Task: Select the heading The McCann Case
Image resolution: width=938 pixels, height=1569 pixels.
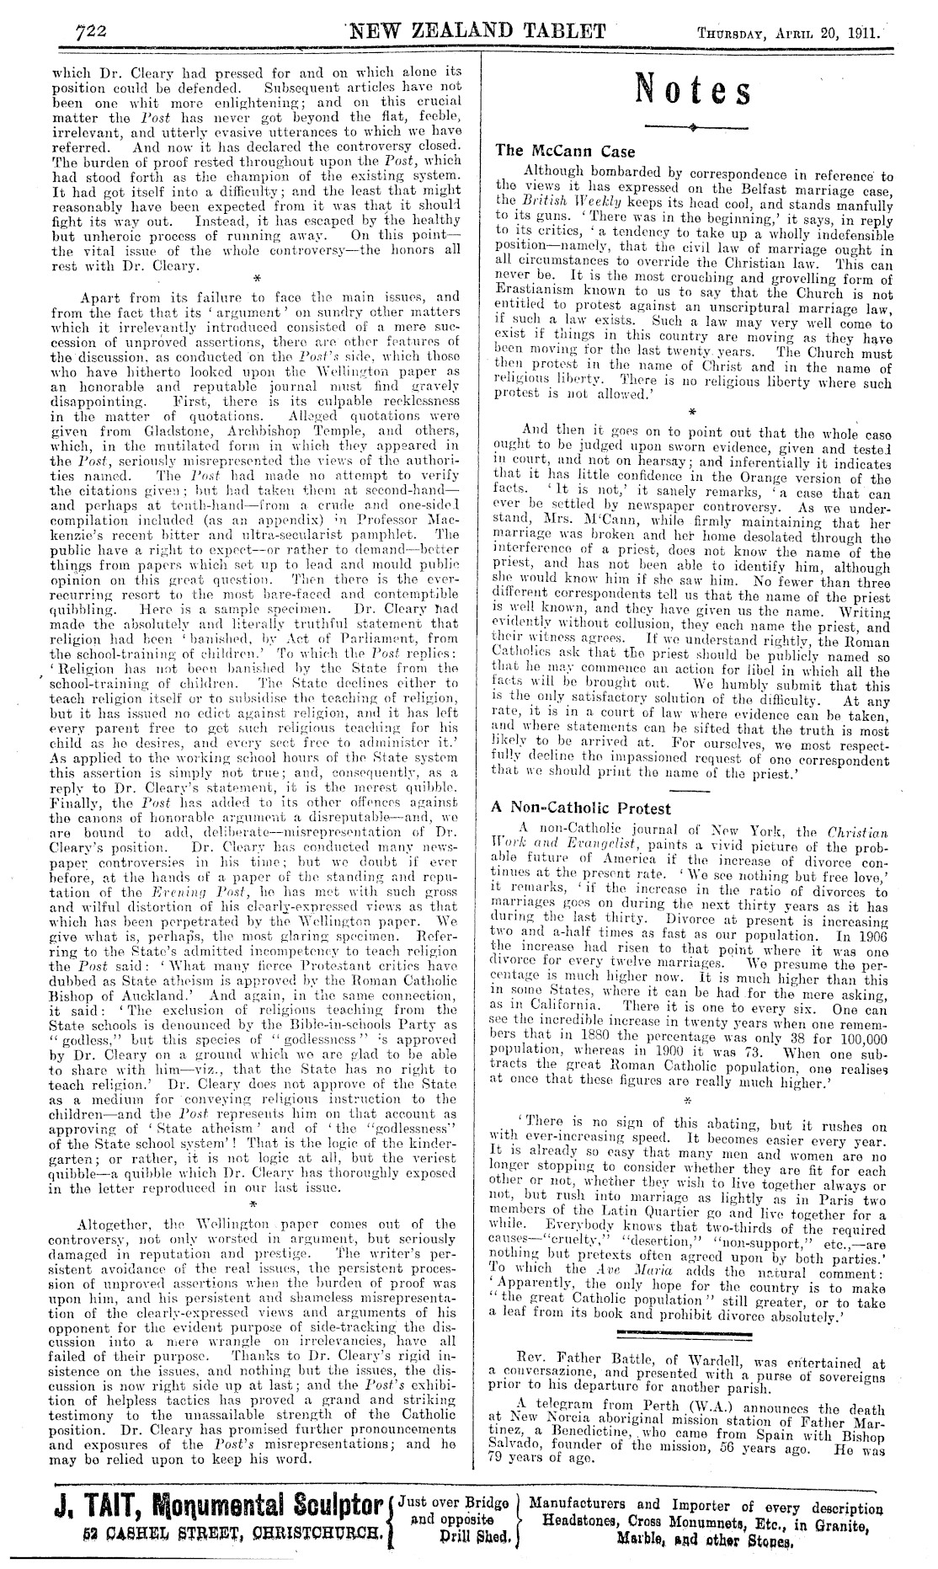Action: coord(553,152)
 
